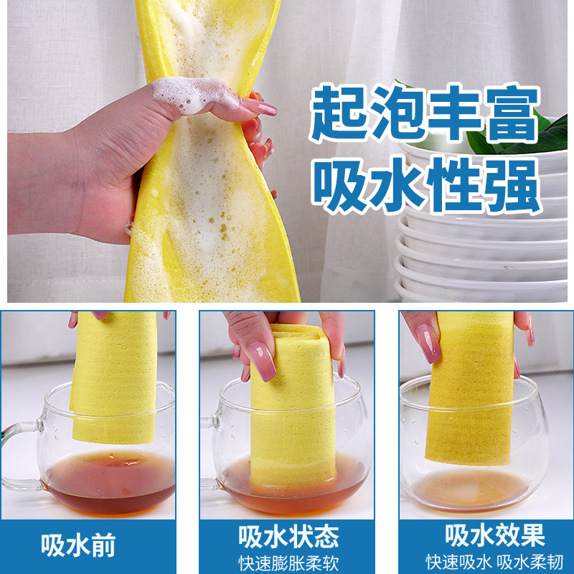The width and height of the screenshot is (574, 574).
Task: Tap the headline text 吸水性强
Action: point(424,185)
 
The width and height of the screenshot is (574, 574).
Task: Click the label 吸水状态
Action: point(287,536)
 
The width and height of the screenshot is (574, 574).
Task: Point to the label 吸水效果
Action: point(494,535)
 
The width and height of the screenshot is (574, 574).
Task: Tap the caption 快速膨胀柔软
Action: point(287,560)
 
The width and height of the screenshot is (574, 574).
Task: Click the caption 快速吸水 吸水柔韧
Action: point(494,560)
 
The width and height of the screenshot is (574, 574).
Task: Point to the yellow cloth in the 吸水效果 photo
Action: point(470,387)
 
